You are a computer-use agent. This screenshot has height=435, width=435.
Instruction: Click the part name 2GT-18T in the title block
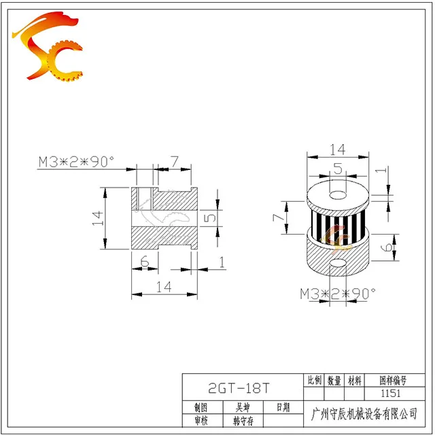pos(238,389)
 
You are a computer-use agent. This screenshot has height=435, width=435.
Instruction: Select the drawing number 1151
pos(399,394)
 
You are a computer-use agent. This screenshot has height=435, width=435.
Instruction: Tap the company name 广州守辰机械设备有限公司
pos(363,413)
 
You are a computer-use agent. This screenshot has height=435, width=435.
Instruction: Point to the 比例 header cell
pos(314,381)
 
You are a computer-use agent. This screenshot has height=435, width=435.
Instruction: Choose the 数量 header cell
pos(334,381)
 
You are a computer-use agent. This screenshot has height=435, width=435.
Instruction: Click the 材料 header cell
pos(353,381)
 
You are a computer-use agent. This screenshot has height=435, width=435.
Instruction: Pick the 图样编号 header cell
pos(399,381)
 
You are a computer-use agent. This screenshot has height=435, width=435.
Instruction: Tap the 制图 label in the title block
pos(201,407)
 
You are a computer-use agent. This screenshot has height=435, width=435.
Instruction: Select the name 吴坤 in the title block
pos(243,407)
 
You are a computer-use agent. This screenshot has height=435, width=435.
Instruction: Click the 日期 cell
pos(282,407)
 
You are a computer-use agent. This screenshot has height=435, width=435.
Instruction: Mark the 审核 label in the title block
pos(201,421)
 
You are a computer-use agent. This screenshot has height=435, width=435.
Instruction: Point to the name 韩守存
pos(243,421)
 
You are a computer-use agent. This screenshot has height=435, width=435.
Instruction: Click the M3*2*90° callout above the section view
pos(76,161)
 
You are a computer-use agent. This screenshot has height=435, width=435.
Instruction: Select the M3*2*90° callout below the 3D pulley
pos(338,294)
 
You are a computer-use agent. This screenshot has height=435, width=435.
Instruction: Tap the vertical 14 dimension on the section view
pos(97,218)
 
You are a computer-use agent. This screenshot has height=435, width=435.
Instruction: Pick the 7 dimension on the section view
pos(174,161)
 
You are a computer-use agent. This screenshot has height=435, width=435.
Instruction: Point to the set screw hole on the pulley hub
pos(338,264)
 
